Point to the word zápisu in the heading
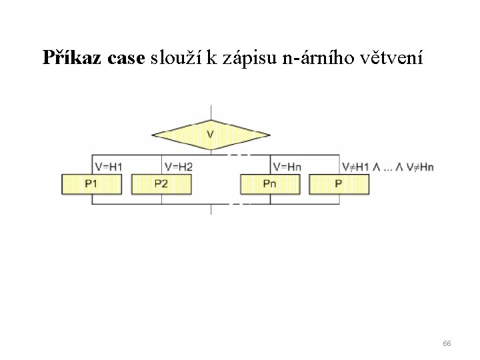(x=247, y=59)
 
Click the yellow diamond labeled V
(x=211, y=135)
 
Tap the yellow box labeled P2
(x=161, y=183)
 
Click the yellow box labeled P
(x=339, y=183)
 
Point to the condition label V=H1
(x=108, y=166)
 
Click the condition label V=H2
(x=178, y=166)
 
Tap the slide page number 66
(x=447, y=343)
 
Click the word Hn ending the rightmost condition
(x=426, y=167)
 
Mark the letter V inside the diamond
(x=211, y=135)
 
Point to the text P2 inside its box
(x=161, y=183)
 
